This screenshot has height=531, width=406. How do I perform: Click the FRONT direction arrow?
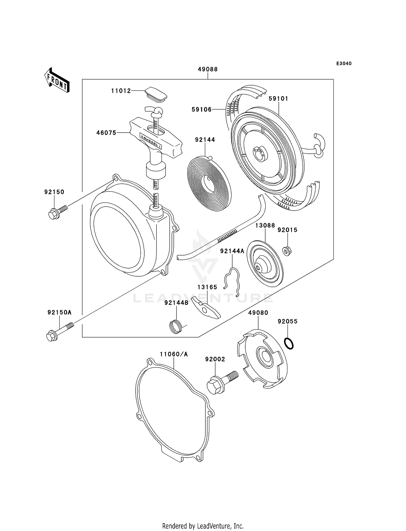point(57,80)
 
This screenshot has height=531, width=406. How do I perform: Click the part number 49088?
point(208,69)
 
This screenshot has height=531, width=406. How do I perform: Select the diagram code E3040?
point(344,64)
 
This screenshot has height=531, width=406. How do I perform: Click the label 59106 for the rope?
point(202,109)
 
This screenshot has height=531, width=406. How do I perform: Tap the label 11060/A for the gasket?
point(174,354)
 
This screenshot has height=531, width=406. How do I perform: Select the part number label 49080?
point(258,313)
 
